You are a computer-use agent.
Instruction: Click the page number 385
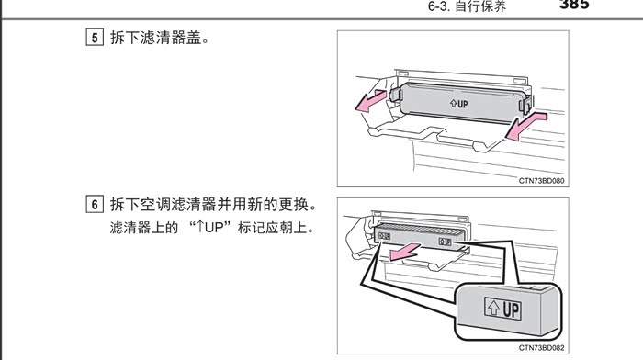[x=574, y=4]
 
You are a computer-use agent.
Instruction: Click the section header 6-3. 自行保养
[x=467, y=6]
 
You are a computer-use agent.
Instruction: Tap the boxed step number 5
[x=95, y=38]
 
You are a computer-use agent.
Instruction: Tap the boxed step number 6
[x=95, y=204]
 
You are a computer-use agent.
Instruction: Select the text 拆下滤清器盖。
[x=160, y=38]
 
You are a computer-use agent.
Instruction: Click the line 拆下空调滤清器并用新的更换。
[x=213, y=204]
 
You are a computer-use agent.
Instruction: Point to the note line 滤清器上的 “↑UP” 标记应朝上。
[x=211, y=227]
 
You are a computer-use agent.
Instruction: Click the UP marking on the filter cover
[x=459, y=104]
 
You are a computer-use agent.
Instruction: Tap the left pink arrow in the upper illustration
[x=370, y=101]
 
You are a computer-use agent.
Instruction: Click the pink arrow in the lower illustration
[x=404, y=251]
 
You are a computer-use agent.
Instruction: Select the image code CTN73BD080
[x=541, y=181]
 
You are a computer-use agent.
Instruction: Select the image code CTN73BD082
[x=541, y=348]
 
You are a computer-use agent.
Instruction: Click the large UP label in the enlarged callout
[x=502, y=309]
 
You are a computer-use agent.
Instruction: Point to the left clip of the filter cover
[x=395, y=95]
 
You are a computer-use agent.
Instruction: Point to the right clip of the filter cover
[x=525, y=104]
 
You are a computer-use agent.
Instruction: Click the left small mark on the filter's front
[x=384, y=236]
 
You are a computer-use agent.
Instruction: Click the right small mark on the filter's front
[x=445, y=242]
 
